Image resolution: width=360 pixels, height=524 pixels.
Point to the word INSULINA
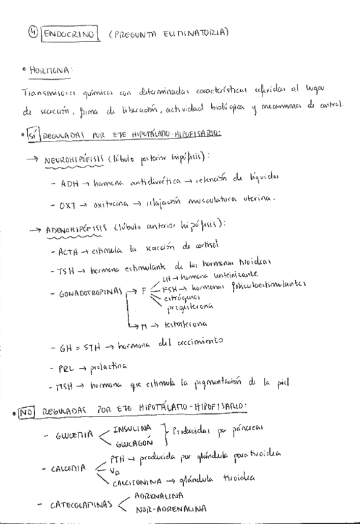[133, 428]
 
